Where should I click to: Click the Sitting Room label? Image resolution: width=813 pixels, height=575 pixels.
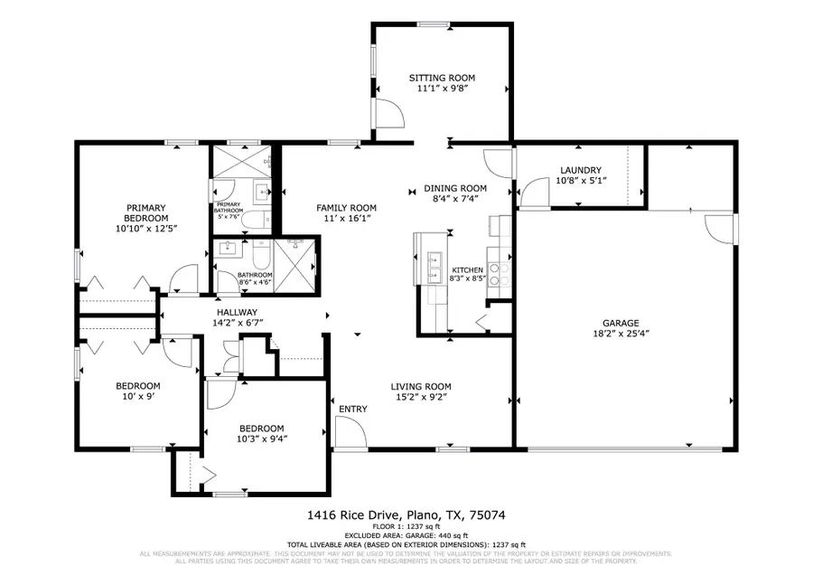(443, 79)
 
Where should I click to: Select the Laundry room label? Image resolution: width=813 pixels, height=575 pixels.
(580, 170)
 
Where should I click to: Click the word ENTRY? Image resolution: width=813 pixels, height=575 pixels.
(352, 410)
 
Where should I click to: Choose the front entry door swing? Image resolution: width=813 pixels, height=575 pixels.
(347, 435)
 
